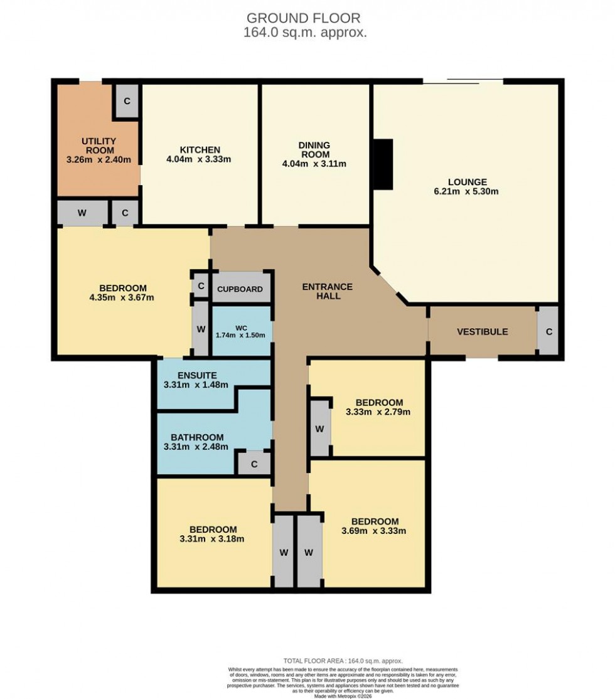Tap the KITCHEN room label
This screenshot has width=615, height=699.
click(200, 150)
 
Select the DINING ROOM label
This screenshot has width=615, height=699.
click(314, 146)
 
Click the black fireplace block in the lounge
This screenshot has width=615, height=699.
click(383, 164)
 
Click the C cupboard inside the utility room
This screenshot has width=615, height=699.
click(127, 101)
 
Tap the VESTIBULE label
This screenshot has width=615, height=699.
click(482, 332)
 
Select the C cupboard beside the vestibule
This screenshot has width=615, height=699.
click(548, 332)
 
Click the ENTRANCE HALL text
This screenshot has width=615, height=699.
click(328, 291)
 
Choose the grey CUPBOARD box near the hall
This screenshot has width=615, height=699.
click(241, 289)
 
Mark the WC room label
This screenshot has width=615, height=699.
click(242, 327)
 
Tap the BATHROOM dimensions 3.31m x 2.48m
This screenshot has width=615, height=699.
click(195, 447)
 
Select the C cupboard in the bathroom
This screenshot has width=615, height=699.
click(254, 464)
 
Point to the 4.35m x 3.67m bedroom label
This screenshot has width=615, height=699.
click(122, 297)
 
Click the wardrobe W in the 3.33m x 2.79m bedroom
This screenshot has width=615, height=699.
click(319, 429)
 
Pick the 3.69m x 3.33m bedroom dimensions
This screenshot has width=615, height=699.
click(375, 531)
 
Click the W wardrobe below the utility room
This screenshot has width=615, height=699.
click(82, 213)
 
